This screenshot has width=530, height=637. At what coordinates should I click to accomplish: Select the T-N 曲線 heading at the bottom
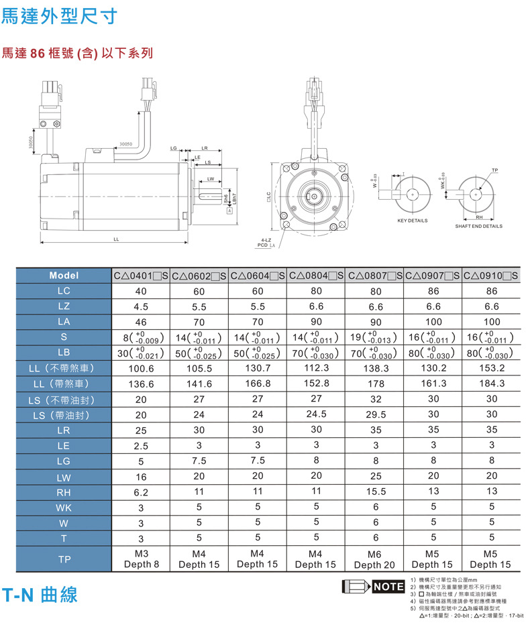(x=40, y=594)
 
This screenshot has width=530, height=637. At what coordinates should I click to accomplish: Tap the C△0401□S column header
(x=141, y=276)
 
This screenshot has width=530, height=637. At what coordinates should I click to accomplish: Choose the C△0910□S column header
(x=491, y=276)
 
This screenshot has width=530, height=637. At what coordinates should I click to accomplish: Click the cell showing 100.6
(x=141, y=368)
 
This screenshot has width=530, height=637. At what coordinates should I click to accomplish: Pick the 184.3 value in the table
(x=491, y=384)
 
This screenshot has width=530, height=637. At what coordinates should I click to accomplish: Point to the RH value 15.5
(x=375, y=492)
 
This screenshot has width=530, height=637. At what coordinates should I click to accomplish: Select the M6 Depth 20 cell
(x=375, y=559)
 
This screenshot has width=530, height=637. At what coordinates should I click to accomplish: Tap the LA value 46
(x=141, y=322)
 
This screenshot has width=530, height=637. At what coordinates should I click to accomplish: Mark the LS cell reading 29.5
(x=375, y=415)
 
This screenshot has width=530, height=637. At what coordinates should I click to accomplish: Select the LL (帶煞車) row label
(x=64, y=384)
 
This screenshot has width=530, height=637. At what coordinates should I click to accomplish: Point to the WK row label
(x=64, y=508)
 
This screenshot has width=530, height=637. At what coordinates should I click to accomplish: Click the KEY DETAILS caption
(x=412, y=221)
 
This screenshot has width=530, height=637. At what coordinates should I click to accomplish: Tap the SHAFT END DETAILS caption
(x=478, y=226)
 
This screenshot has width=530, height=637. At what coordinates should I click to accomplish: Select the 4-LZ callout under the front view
(x=266, y=240)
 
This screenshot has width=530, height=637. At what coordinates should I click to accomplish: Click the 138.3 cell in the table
(x=375, y=368)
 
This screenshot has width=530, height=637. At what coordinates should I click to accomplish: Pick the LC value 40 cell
(x=141, y=291)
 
